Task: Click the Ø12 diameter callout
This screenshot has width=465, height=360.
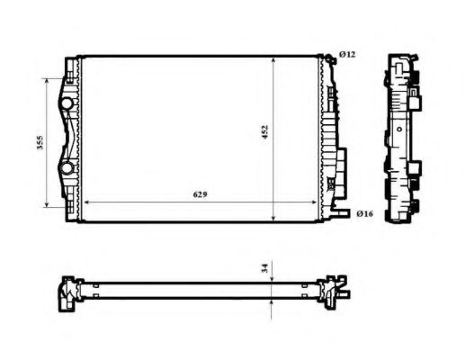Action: (347, 55)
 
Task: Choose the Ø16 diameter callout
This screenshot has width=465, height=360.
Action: (364, 213)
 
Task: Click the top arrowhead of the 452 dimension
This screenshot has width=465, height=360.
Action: (274, 59)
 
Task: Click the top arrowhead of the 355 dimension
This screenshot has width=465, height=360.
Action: (49, 80)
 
